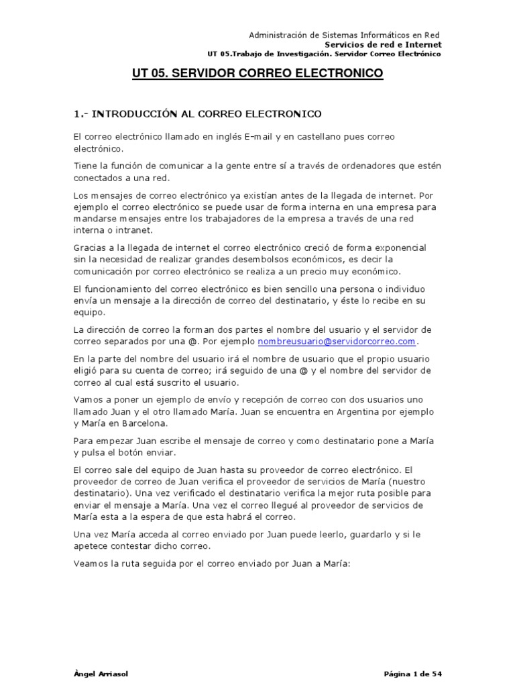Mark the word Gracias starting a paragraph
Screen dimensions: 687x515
[91, 248]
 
